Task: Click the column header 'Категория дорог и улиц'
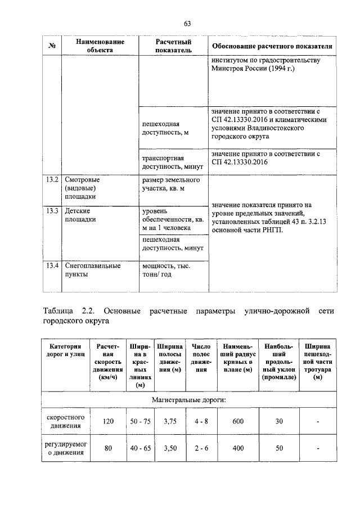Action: click(66, 352)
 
